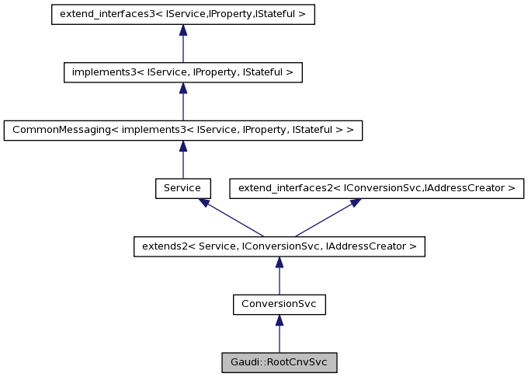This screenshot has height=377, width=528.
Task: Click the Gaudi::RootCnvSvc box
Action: point(279,362)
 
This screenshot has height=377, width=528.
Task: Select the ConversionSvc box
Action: point(279,305)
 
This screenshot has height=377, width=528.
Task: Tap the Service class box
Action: point(182,188)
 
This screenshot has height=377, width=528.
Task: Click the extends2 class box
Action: point(279,246)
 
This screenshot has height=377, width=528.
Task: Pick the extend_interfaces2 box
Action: point(377,188)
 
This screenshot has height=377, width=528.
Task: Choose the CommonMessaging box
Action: point(182,130)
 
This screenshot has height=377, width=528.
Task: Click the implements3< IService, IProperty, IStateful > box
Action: point(182,72)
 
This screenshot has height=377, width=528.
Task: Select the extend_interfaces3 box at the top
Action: point(182,14)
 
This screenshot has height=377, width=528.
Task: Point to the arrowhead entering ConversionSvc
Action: point(279,320)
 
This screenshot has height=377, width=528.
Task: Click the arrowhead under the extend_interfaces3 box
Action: point(182,30)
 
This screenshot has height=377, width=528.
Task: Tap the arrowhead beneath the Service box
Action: point(204,202)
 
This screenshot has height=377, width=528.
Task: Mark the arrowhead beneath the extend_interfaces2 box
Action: point(355,202)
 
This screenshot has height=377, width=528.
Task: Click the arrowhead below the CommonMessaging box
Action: point(182,146)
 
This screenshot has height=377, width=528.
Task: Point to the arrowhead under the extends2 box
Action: point(279,263)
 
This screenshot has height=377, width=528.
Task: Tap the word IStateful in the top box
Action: point(277,14)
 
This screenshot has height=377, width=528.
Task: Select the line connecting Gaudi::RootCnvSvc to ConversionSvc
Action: point(279,340)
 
